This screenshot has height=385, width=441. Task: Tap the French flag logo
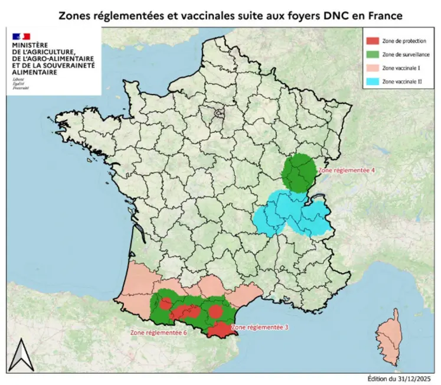(21, 37)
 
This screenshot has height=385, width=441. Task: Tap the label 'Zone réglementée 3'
(260, 327)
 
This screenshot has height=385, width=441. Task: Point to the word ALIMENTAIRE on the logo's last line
(34, 74)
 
